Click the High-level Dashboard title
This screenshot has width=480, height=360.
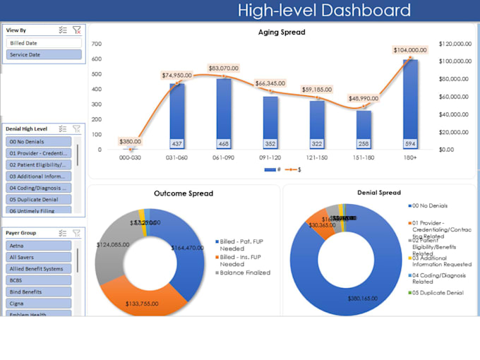coord(324,11)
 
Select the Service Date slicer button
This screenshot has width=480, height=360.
coord(44,54)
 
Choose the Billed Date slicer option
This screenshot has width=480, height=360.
coord(44,43)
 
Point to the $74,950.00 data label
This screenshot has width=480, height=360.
coord(176,75)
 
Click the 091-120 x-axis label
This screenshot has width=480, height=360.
coord(270,157)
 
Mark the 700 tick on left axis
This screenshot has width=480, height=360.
coord(97,44)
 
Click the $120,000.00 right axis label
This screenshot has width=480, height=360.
coord(455,44)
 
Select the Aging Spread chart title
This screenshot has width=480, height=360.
coord(282,32)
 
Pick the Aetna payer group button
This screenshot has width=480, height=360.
coord(40,246)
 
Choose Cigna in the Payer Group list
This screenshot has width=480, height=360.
coord(40,303)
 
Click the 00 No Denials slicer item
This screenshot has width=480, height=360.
coord(40,141)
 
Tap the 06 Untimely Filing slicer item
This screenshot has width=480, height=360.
coord(40,210)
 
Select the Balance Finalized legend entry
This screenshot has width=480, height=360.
coord(244,272)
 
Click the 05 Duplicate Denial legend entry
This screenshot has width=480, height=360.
coord(436,293)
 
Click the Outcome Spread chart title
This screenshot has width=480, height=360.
coord(184,193)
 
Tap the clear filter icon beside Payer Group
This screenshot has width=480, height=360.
coord(76,233)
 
